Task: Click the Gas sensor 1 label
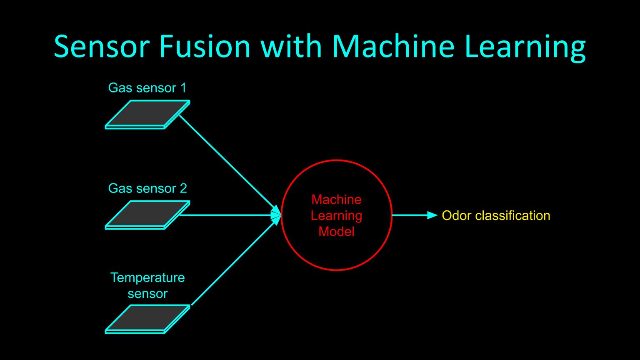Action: click(x=147, y=88)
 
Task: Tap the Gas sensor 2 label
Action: click(x=147, y=188)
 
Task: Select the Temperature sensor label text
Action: click(x=147, y=285)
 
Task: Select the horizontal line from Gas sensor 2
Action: click(x=225, y=215)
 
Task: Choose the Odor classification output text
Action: click(x=496, y=215)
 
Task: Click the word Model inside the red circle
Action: click(x=336, y=232)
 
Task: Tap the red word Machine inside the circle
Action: click(x=336, y=200)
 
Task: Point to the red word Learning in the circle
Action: click(x=336, y=216)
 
